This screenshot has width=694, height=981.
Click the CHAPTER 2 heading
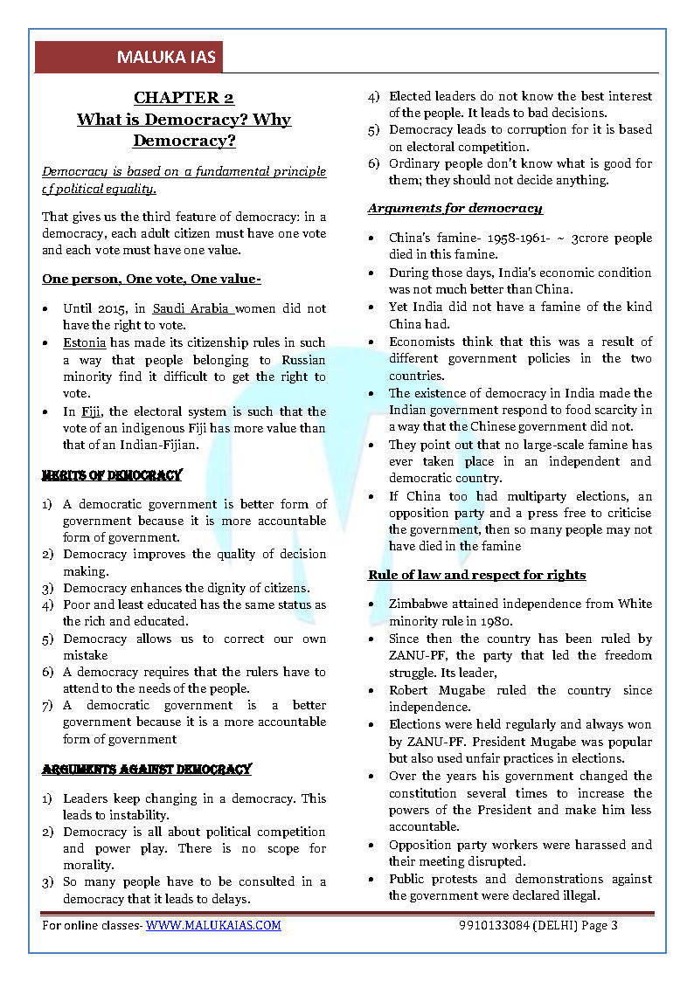click(x=184, y=98)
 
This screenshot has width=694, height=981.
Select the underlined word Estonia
click(x=84, y=342)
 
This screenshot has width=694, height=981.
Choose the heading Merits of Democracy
click(x=112, y=476)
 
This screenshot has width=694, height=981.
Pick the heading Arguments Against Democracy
click(x=147, y=770)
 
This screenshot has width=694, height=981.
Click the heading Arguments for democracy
click(x=455, y=208)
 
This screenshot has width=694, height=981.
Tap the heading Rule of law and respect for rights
click(x=476, y=575)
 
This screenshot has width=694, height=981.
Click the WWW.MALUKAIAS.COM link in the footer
click(x=213, y=925)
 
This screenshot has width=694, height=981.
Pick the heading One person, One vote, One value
click(x=151, y=279)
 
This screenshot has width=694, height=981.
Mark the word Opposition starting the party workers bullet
click(x=423, y=845)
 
